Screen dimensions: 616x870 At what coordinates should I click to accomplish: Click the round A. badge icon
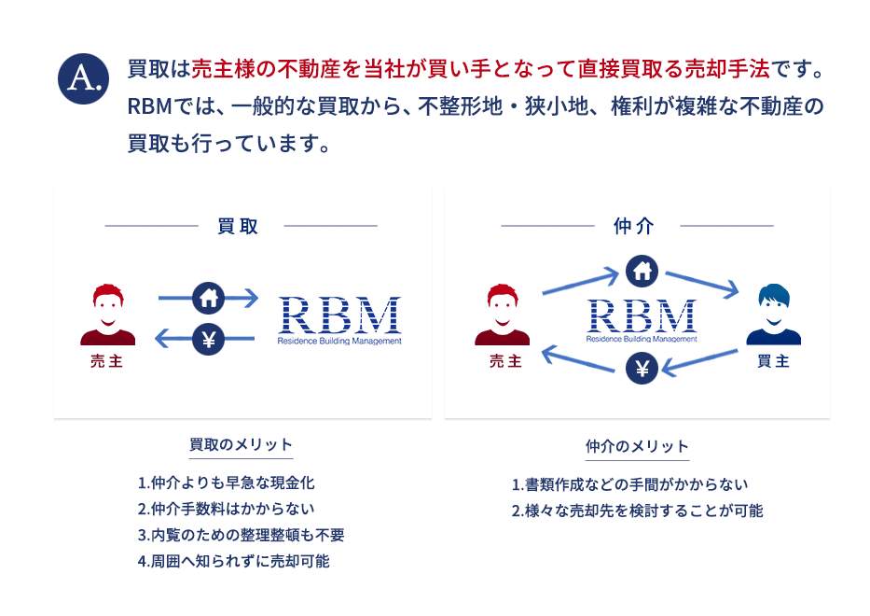(84, 78)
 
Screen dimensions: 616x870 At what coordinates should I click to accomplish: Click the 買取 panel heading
(238, 226)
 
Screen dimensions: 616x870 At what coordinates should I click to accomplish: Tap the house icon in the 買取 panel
(208, 298)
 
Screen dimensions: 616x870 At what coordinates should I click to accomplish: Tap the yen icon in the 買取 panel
(208, 340)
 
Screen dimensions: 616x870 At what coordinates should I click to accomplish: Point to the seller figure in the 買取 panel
(107, 315)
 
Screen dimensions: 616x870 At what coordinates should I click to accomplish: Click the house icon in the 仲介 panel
(642, 271)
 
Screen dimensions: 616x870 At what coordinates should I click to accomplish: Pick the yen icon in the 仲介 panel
(642, 369)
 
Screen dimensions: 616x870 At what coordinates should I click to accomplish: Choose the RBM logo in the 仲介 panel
(642, 320)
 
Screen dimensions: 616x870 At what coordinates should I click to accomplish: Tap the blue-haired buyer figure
(773, 315)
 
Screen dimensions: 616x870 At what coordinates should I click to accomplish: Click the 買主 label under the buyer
(773, 361)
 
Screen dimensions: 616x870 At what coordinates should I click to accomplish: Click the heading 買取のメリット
(241, 444)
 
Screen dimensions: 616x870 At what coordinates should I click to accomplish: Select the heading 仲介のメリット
(637, 446)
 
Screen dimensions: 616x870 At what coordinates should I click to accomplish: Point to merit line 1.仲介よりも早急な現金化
(226, 483)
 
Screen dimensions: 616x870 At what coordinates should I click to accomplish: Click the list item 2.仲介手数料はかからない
(226, 509)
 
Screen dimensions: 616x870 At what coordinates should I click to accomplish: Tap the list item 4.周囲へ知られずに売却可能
(233, 561)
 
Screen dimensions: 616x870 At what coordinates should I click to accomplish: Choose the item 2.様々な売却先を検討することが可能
(637, 511)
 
